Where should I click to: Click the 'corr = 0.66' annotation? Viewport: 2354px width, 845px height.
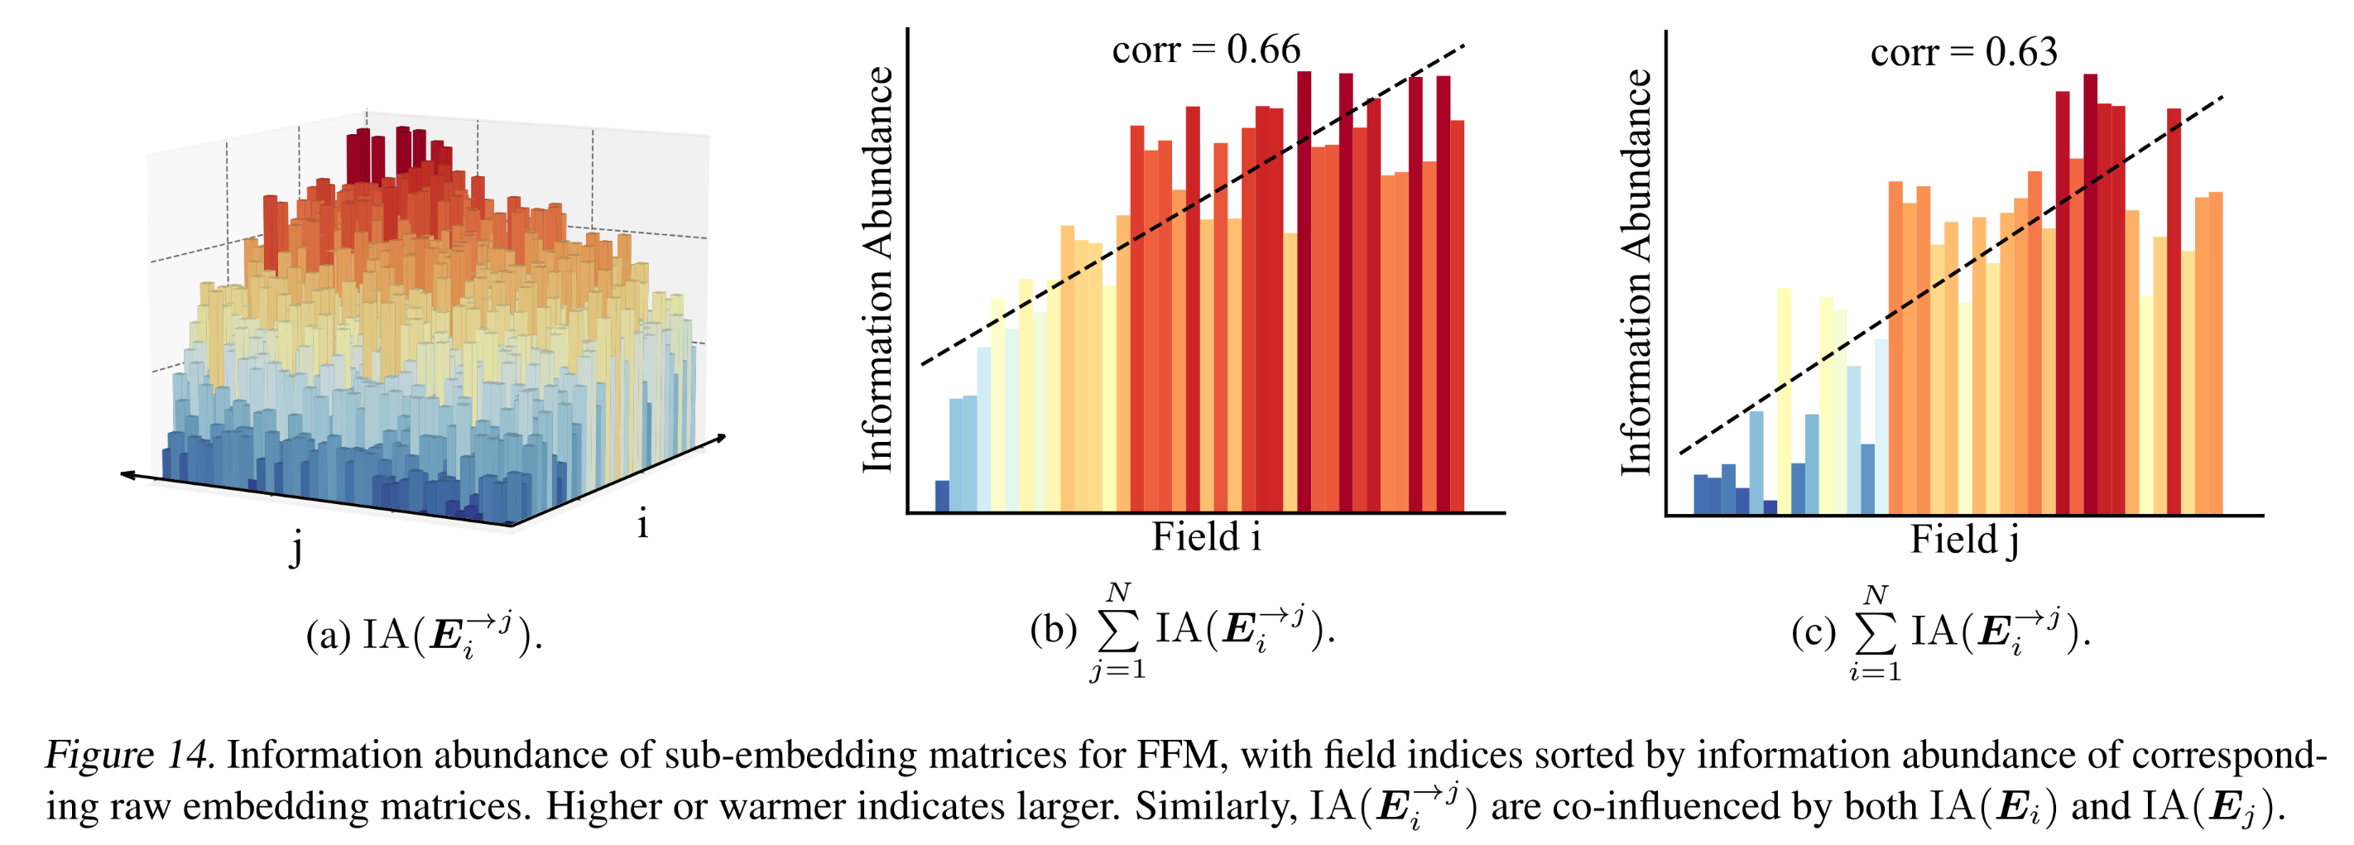(x=1205, y=50)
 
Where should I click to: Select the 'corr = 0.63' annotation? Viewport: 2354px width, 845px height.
(x=1964, y=52)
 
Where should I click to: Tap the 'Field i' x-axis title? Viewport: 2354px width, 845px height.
(x=1205, y=537)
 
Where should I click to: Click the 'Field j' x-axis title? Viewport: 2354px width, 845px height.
(x=1964, y=540)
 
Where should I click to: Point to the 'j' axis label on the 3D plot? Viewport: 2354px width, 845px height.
(x=295, y=548)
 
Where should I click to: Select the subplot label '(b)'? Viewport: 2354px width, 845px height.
(x=1053, y=630)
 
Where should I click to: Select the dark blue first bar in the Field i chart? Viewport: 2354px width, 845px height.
(x=941, y=496)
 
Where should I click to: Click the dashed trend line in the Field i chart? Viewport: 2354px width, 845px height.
(x=1188, y=206)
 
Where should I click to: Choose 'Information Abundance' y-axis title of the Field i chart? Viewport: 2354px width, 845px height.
(x=878, y=270)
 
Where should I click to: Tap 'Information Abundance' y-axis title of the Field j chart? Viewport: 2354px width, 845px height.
(x=1636, y=272)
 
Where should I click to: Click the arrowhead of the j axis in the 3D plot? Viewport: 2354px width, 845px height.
(x=126, y=474)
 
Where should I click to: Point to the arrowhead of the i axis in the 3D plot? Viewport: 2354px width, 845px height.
(x=721, y=438)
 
